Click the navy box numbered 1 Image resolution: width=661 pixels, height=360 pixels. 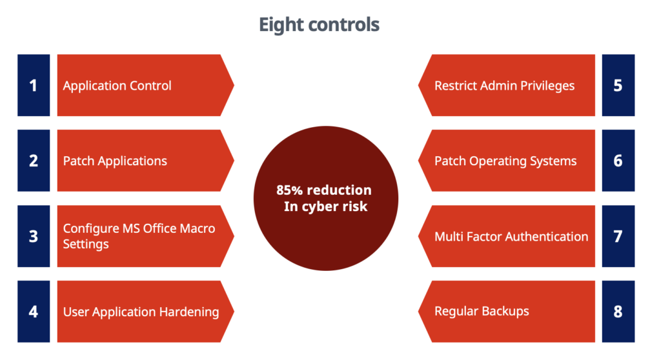[x=34, y=85]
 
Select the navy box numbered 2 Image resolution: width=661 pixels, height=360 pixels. [x=34, y=161]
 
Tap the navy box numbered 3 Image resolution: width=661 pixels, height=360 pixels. [x=34, y=236]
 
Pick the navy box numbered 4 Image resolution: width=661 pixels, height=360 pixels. [x=34, y=312]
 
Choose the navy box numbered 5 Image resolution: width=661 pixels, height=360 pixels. [x=618, y=85]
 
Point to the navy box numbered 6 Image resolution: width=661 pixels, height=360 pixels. [x=618, y=161]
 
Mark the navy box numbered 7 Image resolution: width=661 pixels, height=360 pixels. [x=618, y=236]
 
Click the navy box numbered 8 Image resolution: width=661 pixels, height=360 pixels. [x=618, y=312]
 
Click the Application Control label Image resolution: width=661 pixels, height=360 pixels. [x=117, y=86]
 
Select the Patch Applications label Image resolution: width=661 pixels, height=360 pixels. [x=115, y=161]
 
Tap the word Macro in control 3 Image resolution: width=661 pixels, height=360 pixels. [x=198, y=228]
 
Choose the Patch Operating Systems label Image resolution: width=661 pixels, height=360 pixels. [x=505, y=161]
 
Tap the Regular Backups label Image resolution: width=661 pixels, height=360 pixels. [x=482, y=312]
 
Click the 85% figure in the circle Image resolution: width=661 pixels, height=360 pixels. [x=290, y=190]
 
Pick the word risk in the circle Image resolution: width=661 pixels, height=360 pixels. [x=355, y=206]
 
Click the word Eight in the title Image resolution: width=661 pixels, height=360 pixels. [x=281, y=25]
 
